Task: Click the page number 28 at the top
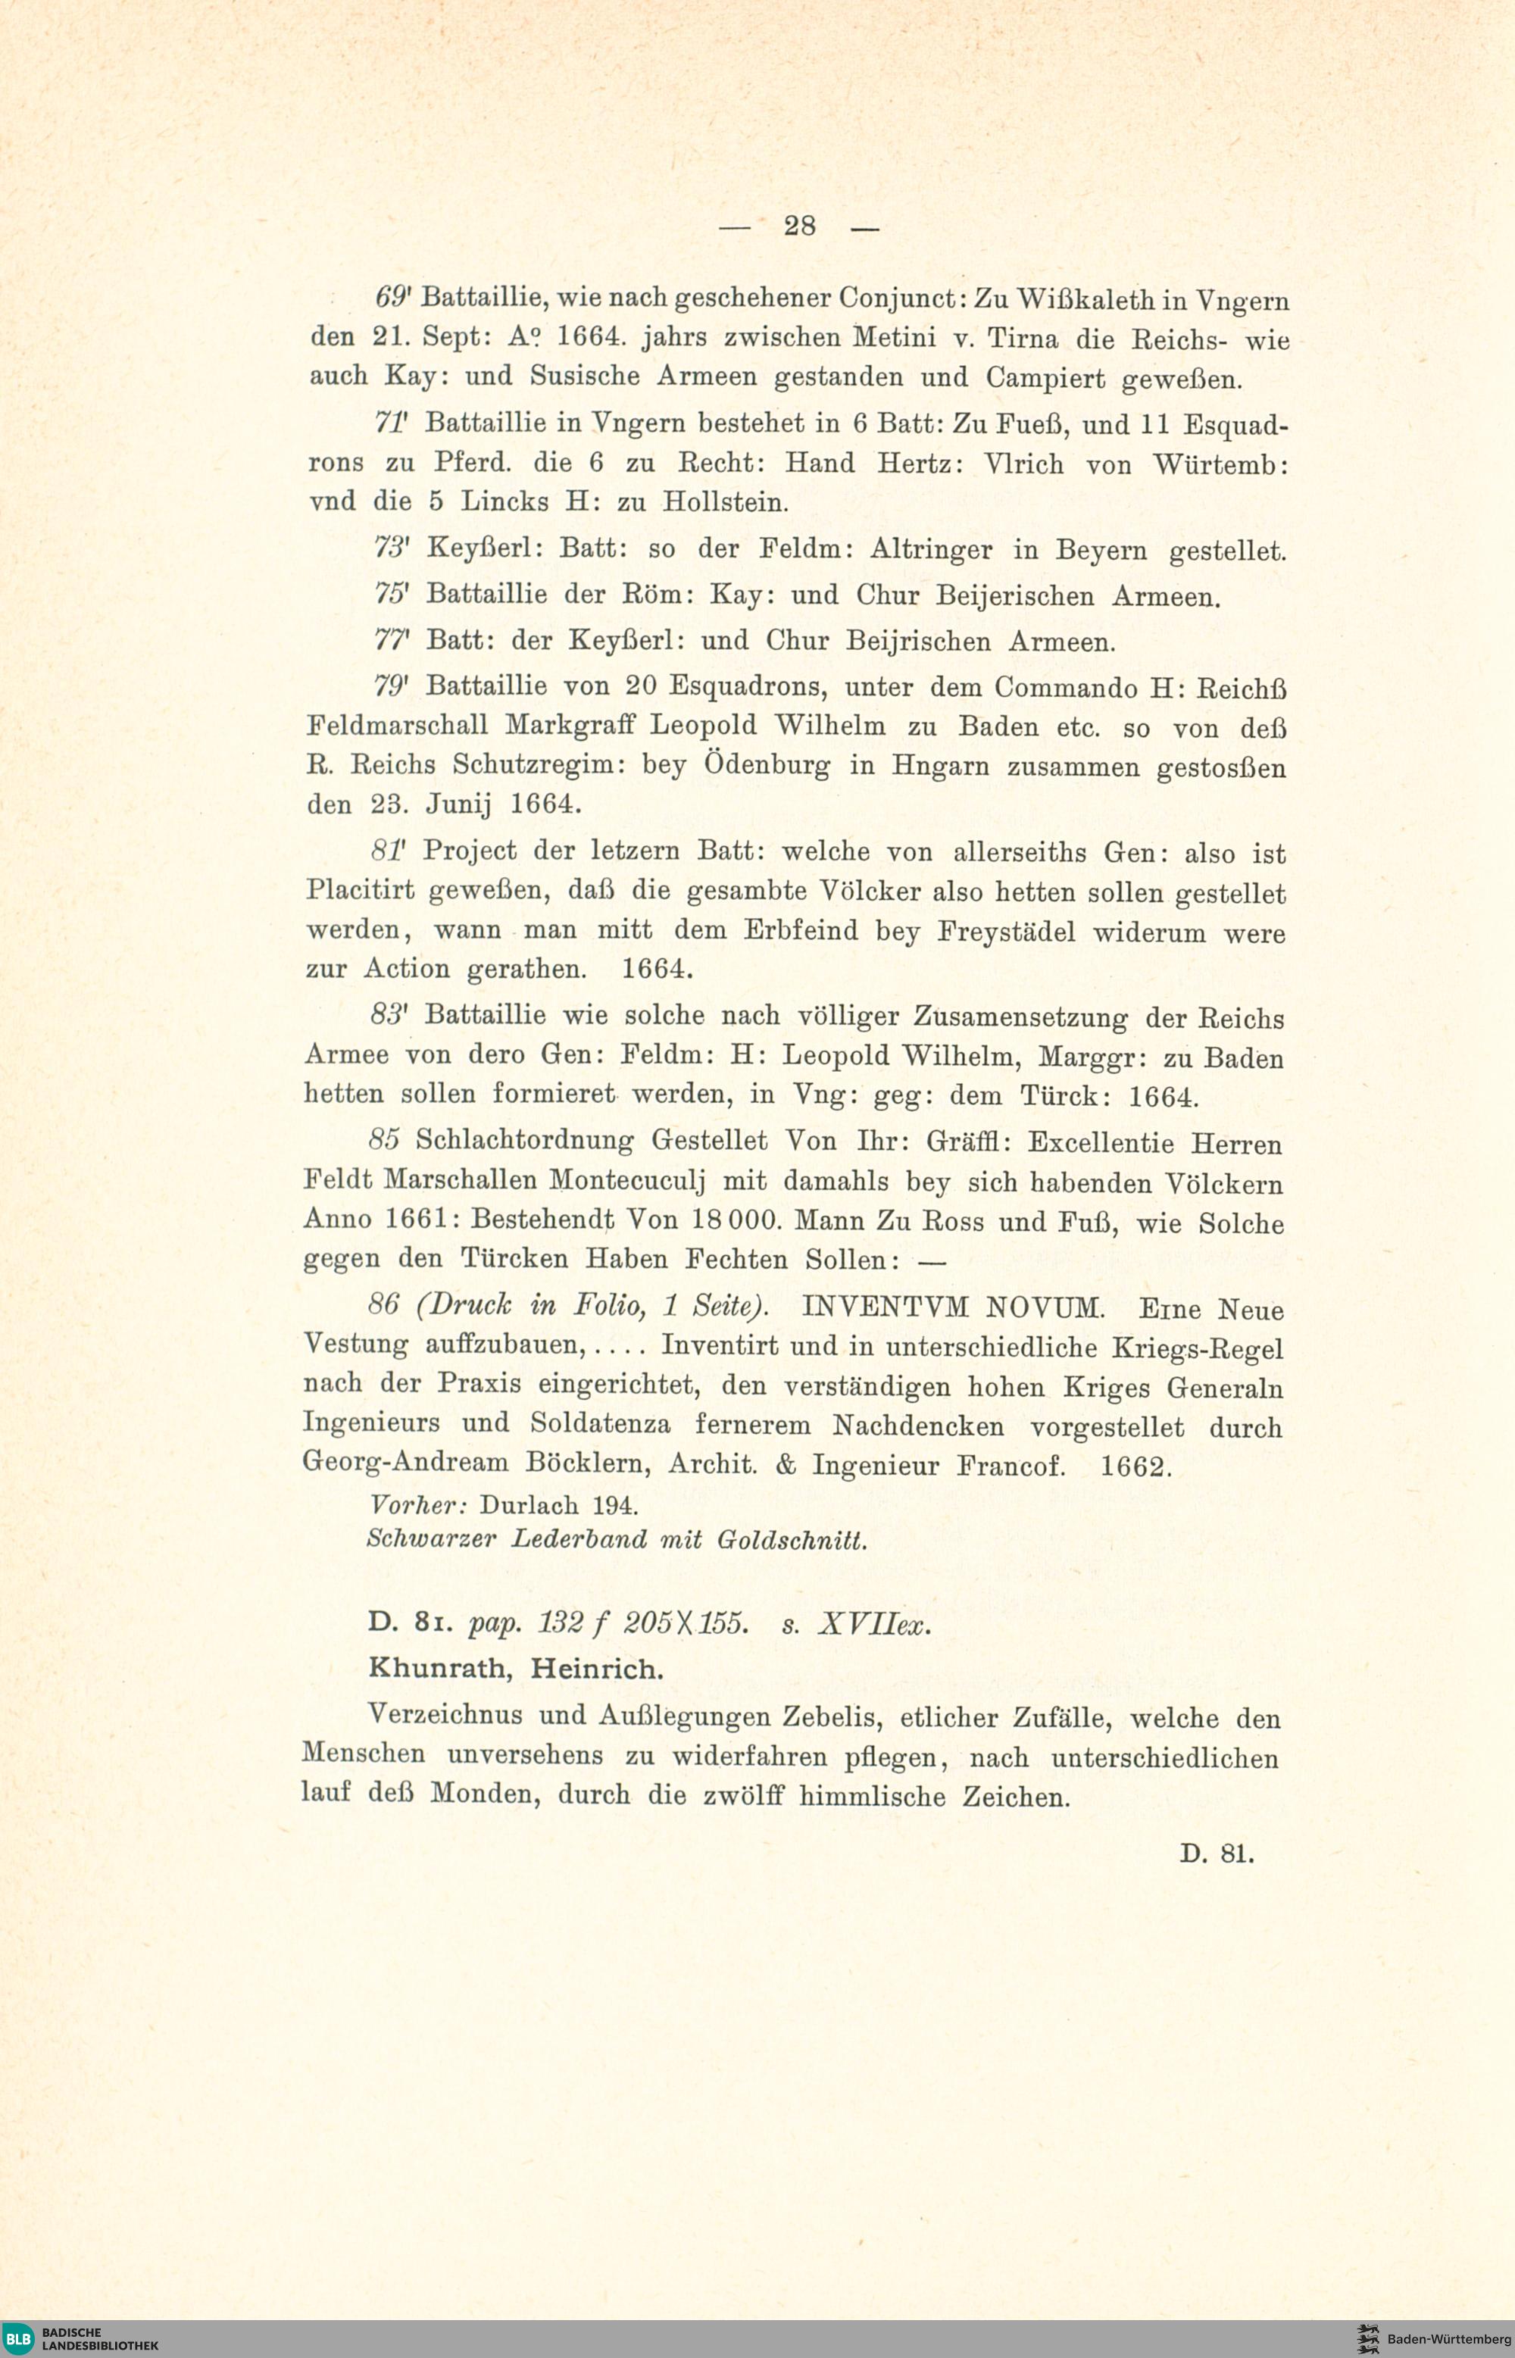(799, 226)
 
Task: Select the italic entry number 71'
(395, 423)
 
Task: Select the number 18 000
(736, 1221)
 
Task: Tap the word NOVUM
(1046, 1307)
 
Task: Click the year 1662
(1134, 1466)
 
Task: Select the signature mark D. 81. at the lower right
(1217, 1854)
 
